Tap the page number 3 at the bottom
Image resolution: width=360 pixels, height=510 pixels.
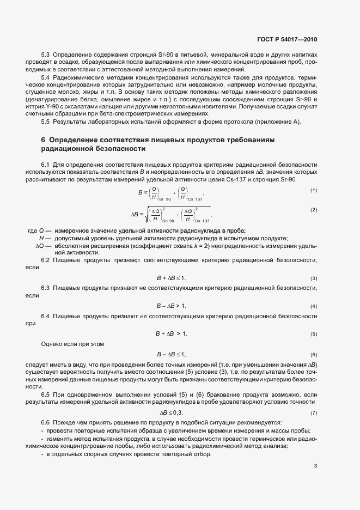coord(315,466)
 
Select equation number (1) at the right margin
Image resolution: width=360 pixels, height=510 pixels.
coord(314,190)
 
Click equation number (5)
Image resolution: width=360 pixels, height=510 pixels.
coord(314,333)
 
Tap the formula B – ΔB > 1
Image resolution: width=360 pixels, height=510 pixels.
coord(172,306)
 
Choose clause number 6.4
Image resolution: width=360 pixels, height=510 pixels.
coord(46,316)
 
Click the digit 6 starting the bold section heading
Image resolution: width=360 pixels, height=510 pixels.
coord(44,140)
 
